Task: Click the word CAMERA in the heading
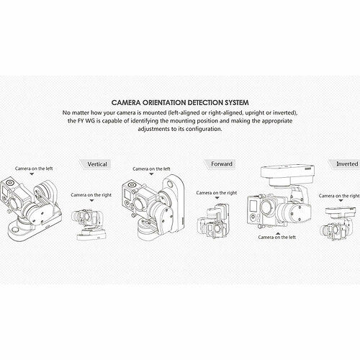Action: (126, 103)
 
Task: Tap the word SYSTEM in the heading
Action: (237, 103)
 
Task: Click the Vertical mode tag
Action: (96, 164)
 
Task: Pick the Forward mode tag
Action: (220, 164)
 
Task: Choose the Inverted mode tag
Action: (345, 164)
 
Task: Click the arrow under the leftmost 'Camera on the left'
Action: (32, 174)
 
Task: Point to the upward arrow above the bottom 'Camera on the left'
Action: (278, 233)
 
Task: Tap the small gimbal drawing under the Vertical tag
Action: (89, 225)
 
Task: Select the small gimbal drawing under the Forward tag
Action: (213, 222)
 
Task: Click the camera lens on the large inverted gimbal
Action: (267, 207)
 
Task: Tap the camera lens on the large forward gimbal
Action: (139, 204)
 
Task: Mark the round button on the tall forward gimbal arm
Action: (170, 184)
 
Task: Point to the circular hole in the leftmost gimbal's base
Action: (15, 230)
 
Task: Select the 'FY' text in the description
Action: (81, 121)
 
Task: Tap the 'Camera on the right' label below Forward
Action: (217, 193)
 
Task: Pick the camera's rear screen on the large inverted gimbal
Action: (253, 206)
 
